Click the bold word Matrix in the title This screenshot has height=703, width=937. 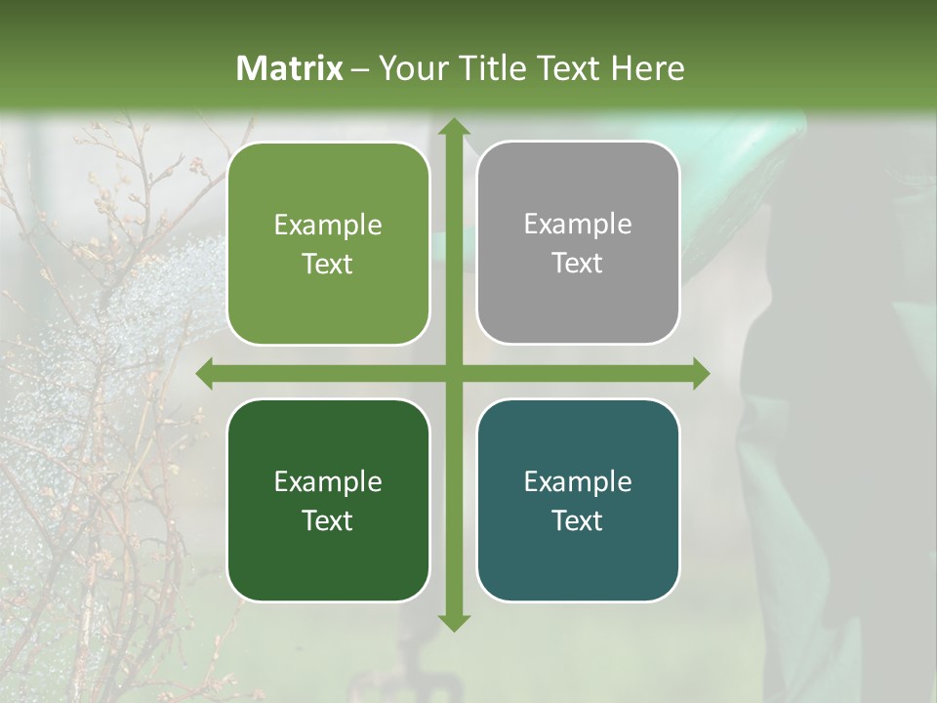coord(290,68)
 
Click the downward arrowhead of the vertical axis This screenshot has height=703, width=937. coord(453,621)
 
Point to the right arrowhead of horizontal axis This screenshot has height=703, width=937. coord(700,374)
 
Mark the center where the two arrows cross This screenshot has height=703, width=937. coord(453,374)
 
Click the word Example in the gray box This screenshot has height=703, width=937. coord(578,225)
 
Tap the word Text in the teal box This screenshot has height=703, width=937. coord(578,520)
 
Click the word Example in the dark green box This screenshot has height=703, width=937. coord(328,481)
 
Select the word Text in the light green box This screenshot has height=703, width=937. coord(328,265)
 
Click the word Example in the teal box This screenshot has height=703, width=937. coord(578,481)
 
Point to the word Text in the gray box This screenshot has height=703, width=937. coord(578,264)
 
